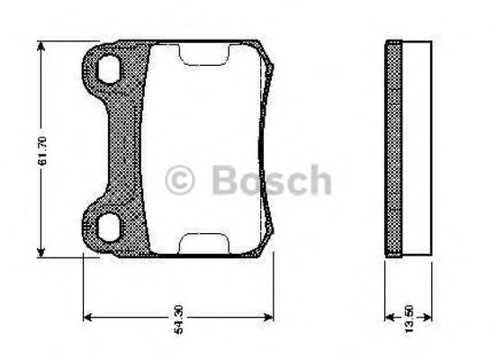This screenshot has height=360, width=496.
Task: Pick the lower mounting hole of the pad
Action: pos(110,227)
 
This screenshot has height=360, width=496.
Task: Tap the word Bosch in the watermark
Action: pos(271,179)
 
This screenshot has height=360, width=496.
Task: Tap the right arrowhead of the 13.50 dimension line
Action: pos(428,317)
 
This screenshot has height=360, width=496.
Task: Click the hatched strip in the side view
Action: pos(392,148)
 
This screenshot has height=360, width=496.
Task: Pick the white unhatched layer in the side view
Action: pos(415,148)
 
